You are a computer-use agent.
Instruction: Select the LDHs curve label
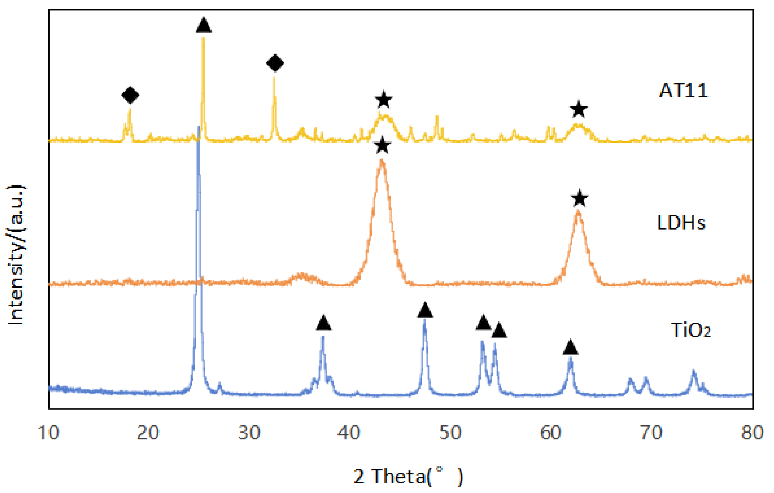(681, 223)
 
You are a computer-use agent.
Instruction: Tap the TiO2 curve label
(690, 330)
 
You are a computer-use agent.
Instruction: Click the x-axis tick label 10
(48, 433)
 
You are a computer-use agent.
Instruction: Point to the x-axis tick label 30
(249, 433)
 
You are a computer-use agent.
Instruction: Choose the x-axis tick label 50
(450, 433)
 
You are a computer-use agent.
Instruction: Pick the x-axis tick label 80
(752, 433)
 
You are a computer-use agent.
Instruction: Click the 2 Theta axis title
(408, 476)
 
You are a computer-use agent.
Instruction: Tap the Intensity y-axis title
(16, 255)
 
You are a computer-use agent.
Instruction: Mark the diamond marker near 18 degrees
(130, 95)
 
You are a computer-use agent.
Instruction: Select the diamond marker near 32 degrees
(275, 63)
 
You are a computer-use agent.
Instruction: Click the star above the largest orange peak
(382, 146)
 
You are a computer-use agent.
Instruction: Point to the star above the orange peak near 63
(579, 198)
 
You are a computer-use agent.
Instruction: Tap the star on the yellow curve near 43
(384, 100)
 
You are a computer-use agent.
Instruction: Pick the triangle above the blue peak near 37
(323, 323)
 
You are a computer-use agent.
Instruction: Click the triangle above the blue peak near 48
(425, 311)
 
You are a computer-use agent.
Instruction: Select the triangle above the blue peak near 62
(570, 347)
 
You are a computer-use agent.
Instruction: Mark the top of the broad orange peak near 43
(382, 161)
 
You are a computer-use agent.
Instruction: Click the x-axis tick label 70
(651, 433)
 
